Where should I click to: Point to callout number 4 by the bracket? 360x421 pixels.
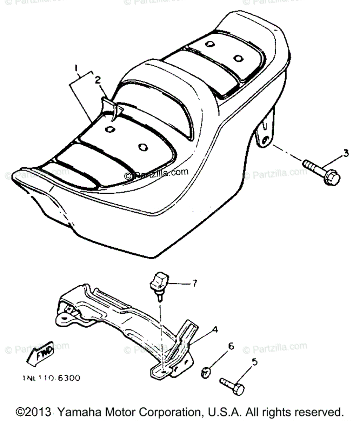pyautogui.click(x=214, y=329)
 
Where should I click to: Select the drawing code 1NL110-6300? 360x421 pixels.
pyautogui.click(x=51, y=378)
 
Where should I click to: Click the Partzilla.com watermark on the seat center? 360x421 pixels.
pyautogui.click(x=156, y=173)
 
